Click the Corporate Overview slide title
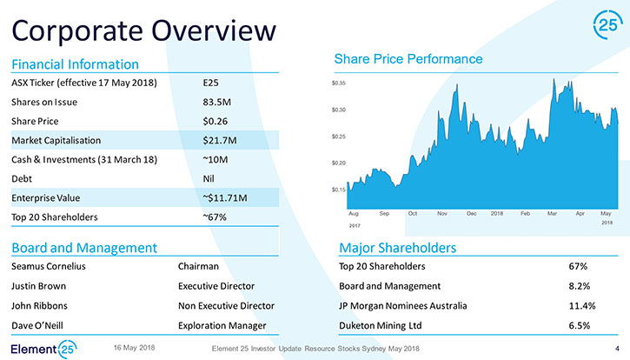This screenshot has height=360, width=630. (x=144, y=31)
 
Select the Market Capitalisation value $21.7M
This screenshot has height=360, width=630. (x=220, y=140)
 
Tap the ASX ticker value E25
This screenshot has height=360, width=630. (x=210, y=83)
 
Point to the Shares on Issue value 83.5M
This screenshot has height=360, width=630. (x=217, y=102)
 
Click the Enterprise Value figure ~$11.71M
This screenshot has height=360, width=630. (x=225, y=198)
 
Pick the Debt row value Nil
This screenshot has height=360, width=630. (x=209, y=178)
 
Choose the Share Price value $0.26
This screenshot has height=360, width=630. (x=216, y=121)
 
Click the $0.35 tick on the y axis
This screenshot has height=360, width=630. (x=339, y=83)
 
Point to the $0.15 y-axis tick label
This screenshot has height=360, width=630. (x=339, y=190)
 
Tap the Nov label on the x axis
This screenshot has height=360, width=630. (x=442, y=214)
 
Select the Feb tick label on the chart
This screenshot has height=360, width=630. (x=525, y=214)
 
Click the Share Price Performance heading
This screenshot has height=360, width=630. (x=408, y=59)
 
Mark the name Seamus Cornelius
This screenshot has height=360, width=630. (x=49, y=266)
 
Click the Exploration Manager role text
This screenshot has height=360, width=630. (x=222, y=326)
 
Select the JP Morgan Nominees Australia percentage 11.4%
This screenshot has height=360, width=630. (x=582, y=306)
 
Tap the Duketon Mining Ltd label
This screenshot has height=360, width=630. (x=381, y=326)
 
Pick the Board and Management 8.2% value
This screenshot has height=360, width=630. (x=580, y=286)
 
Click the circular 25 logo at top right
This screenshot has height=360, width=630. (x=608, y=25)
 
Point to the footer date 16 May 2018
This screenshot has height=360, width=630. (x=134, y=348)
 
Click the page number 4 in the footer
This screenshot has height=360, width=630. (x=617, y=349)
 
